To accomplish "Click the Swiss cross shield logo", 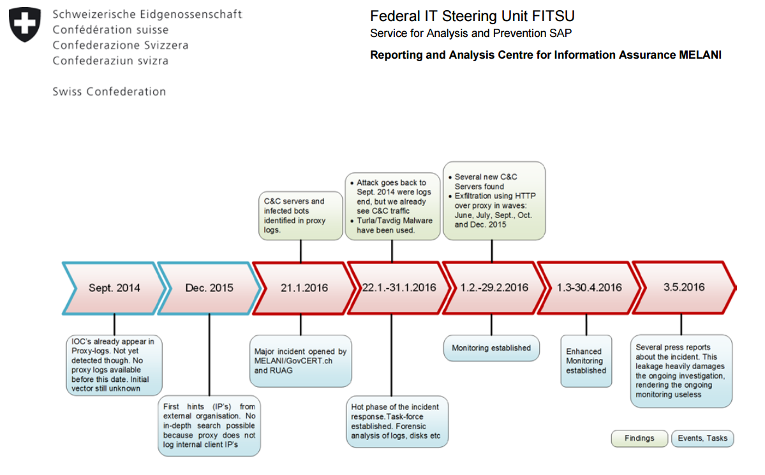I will [x=25, y=25].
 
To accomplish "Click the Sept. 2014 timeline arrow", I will [x=114, y=288].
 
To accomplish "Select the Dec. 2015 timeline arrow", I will [x=209, y=288].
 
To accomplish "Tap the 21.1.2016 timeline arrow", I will [x=304, y=288].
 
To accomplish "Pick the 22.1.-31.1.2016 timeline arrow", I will [x=399, y=288].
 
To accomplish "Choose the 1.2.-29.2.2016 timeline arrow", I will [x=494, y=288].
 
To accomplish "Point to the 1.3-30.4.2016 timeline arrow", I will [x=589, y=288].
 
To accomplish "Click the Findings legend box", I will [x=639, y=438].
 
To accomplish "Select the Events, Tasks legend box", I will [x=702, y=438].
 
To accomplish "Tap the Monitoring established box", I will [x=491, y=348].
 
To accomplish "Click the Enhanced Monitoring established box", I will [x=586, y=361].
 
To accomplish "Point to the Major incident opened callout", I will [x=301, y=361].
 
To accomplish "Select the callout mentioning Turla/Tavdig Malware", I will [x=392, y=206].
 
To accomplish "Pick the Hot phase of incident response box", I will [x=396, y=421].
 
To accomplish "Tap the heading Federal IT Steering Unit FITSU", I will [x=472, y=16].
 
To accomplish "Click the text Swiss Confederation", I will [x=109, y=92].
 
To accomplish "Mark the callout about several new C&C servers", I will [x=494, y=201].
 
